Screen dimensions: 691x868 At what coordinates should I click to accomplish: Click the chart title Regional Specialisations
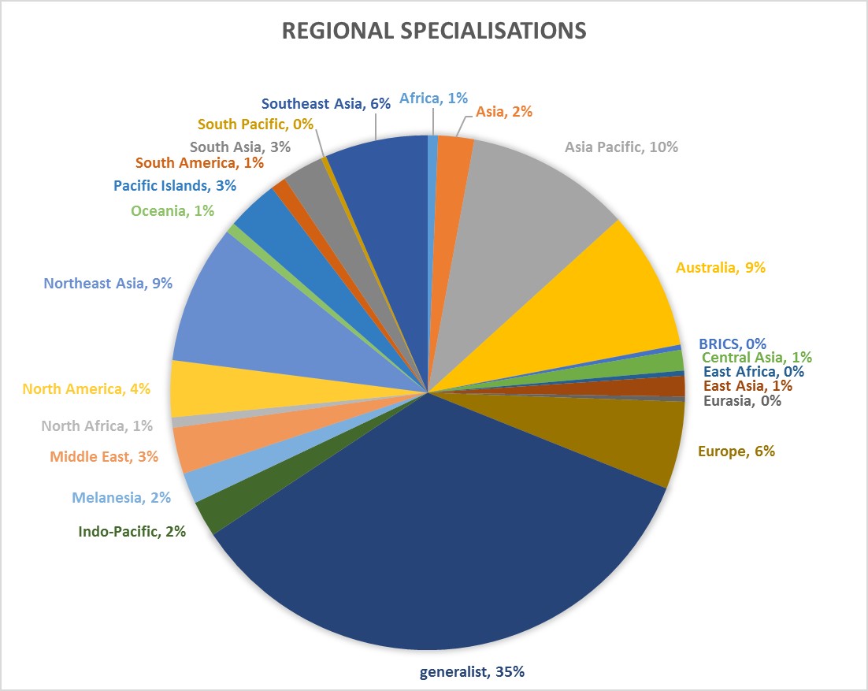coord(434,31)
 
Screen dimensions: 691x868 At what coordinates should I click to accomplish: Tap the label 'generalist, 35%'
coord(471,672)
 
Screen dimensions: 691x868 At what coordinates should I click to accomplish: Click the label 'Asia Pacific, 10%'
coord(621,147)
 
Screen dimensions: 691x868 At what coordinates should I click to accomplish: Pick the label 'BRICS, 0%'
coord(733,344)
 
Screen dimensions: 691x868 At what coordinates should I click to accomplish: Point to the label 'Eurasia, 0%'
coord(742,400)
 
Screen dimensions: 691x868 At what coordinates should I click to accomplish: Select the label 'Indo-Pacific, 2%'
coord(132,532)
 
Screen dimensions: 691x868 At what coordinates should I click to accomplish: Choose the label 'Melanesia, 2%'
coord(121,497)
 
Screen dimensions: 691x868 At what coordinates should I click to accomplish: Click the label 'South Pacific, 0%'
coord(256,124)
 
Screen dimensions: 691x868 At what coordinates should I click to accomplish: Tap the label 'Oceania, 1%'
coord(172,211)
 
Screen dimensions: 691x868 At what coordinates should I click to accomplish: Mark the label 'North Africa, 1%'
coord(96,426)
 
